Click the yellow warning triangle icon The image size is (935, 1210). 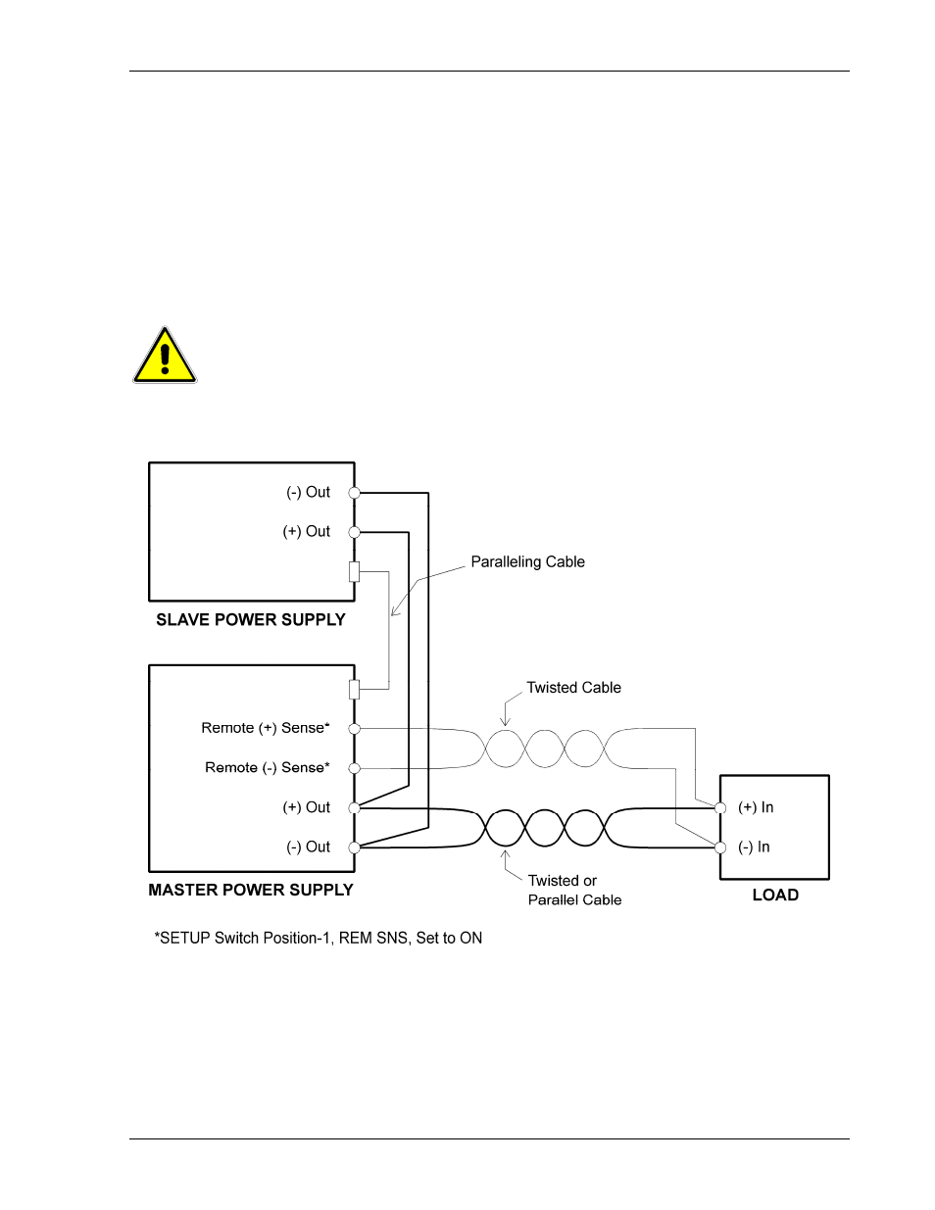165,356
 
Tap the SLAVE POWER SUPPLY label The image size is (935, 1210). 251,620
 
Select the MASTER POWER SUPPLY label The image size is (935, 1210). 251,890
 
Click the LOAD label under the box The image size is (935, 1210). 775,895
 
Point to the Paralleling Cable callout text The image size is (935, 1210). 528,561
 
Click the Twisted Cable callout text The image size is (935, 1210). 573,688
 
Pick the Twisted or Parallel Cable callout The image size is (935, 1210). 574,890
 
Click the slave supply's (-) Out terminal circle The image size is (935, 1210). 354,493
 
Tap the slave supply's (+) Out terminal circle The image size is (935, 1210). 354,532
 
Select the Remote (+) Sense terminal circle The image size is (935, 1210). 354,728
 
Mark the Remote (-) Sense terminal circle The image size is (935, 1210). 354,768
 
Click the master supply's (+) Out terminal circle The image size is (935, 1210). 354,807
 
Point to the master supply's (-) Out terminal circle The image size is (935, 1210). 354,847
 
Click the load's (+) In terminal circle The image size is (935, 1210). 720,808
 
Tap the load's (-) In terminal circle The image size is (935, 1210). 720,847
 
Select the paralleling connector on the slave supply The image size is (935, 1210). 354,572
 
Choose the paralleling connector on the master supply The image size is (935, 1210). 354,690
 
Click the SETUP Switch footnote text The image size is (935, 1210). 318,939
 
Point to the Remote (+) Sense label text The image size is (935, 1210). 266,728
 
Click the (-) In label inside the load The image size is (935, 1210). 754,847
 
